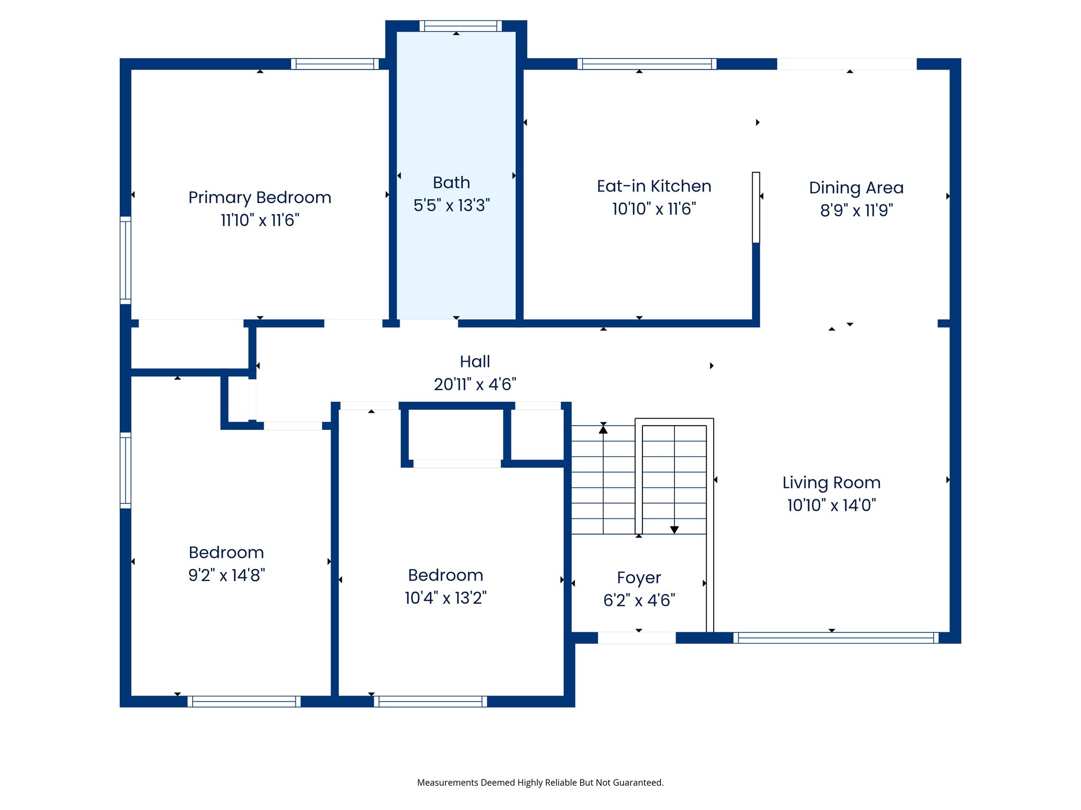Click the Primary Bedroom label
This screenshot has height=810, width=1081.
[x=260, y=198]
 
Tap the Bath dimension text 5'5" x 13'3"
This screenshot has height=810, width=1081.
[x=451, y=205]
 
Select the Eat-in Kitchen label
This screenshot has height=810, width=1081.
[x=654, y=186]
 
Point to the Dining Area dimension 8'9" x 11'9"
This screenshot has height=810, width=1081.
[x=856, y=210]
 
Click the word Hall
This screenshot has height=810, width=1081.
[x=475, y=362]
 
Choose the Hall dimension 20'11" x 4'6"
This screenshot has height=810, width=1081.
[x=475, y=384]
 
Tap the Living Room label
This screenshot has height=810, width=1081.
[x=831, y=483]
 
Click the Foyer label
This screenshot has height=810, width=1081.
[x=639, y=578]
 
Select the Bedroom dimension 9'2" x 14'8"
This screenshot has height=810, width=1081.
[x=226, y=575]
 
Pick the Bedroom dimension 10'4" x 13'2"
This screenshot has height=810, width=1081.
[x=445, y=598]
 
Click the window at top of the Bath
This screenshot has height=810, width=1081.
[x=461, y=26]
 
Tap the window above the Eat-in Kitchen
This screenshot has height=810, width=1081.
[x=647, y=64]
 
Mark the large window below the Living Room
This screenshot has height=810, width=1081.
[x=836, y=638]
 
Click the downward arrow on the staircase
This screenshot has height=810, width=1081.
[x=674, y=529]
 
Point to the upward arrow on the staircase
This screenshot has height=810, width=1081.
[x=603, y=430]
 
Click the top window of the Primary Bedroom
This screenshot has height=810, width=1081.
[x=335, y=64]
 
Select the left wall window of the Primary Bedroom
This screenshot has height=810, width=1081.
[x=126, y=260]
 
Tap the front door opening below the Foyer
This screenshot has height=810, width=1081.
[x=636, y=638]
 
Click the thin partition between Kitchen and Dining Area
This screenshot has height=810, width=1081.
[x=756, y=207]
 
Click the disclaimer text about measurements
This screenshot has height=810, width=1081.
[x=540, y=783]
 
